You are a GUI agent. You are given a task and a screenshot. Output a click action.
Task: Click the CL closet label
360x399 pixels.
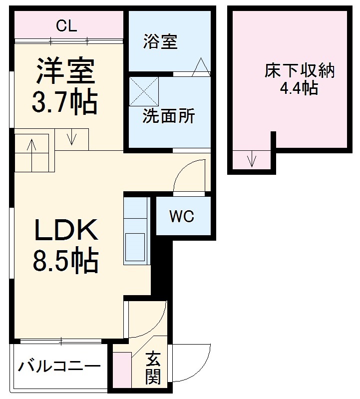coord(66,26)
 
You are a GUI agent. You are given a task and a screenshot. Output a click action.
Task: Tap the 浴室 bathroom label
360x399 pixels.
coord(160,42)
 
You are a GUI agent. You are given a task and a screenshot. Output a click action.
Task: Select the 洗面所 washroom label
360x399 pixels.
coord(168,116)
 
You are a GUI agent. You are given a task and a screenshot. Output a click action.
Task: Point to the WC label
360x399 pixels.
coord(181,217)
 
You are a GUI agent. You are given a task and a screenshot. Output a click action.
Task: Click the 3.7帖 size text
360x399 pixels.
coord(64,101)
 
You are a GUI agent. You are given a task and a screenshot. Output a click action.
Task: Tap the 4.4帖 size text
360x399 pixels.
coord(299,88)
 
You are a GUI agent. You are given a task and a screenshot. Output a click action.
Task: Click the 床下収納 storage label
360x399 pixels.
coord(299,71)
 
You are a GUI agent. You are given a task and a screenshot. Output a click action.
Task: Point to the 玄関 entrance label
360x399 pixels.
coord(153,369)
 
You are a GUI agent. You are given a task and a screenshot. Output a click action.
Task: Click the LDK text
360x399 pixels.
coord(65,231)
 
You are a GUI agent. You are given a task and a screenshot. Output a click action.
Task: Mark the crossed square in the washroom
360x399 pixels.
coord(144,91)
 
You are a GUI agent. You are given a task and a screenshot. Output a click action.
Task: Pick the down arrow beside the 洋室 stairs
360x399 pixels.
coord(71,137)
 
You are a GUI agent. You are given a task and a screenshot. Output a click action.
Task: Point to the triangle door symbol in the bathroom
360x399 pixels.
coord(202,67)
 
